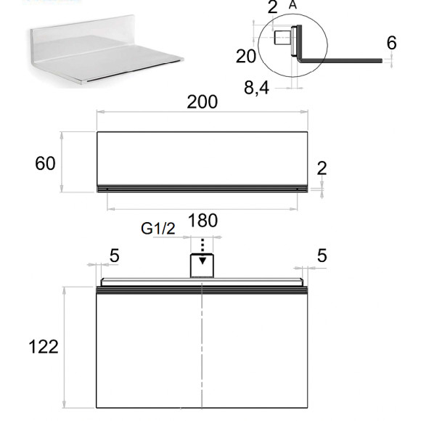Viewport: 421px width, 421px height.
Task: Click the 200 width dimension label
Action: pyautogui.click(x=203, y=102)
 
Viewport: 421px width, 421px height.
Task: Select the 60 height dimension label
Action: pyautogui.click(x=45, y=163)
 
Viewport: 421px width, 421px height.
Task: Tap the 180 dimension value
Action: pyautogui.click(x=203, y=221)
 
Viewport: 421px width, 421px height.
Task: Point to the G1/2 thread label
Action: pyautogui.click(x=158, y=229)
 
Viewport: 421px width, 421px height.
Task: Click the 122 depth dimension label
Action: pyautogui.click(x=44, y=347)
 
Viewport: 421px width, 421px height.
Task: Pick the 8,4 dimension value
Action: pyautogui.click(x=256, y=88)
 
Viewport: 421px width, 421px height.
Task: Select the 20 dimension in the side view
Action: pyautogui.click(x=245, y=56)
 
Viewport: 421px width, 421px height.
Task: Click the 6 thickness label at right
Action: pyautogui.click(x=391, y=43)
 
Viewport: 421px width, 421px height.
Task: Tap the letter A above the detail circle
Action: pyautogui.click(x=293, y=4)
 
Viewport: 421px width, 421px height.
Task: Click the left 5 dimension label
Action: pyautogui.click(x=115, y=256)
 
